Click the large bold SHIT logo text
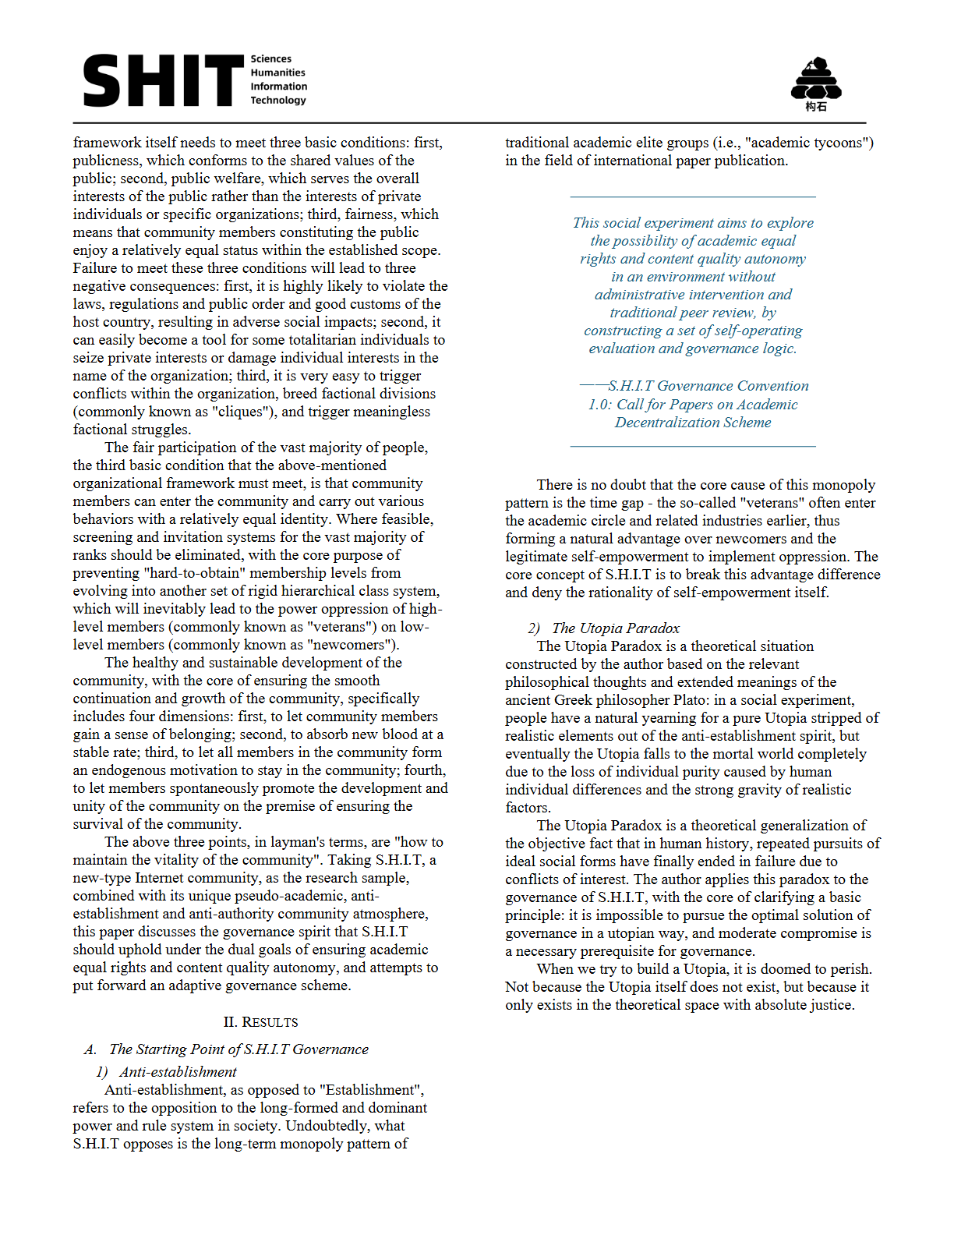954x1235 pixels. click(x=163, y=80)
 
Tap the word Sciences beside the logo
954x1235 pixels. click(x=270, y=59)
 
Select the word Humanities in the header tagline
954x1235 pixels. click(x=277, y=73)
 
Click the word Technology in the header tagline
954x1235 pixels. click(x=278, y=100)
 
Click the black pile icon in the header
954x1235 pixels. click(x=815, y=78)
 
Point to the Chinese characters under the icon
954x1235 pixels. click(x=815, y=107)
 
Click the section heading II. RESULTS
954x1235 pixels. click(x=260, y=1022)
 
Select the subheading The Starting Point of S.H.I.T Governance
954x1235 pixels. click(x=238, y=1049)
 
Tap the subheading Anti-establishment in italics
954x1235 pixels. click(x=178, y=1072)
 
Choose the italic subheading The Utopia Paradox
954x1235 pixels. click(x=616, y=628)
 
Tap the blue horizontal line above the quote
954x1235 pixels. click(x=693, y=196)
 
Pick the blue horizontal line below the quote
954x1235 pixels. click(x=693, y=446)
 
